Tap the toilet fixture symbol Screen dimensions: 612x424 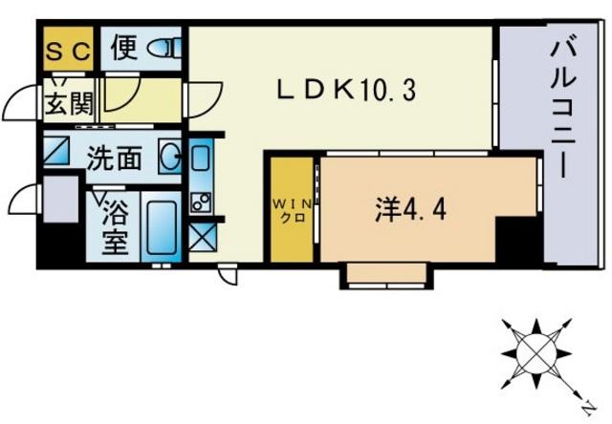[164, 48]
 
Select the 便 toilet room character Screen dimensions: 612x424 [124, 48]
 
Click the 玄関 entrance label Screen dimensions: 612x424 [69, 103]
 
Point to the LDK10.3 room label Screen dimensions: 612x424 [346, 90]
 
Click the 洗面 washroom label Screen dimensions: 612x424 [114, 159]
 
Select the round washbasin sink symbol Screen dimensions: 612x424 [170, 157]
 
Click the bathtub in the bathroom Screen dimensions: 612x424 [162, 227]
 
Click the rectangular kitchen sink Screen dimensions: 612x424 [202, 158]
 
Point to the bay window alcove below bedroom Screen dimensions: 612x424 [386, 275]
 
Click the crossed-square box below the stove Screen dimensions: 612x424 [202, 238]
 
